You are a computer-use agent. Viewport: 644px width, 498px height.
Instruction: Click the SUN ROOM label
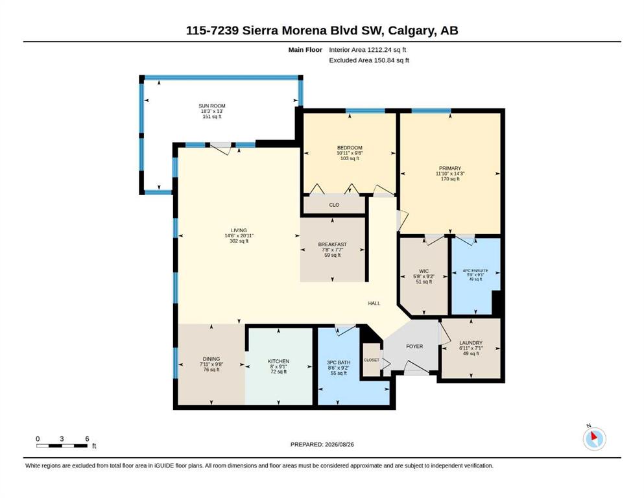coord(212,106)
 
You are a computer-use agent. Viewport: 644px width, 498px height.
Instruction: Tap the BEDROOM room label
coord(350,148)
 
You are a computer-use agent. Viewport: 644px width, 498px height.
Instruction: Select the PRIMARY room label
coord(450,169)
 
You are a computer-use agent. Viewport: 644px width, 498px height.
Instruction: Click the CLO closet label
coord(334,205)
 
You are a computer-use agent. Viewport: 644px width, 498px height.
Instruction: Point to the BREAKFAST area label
coord(332,244)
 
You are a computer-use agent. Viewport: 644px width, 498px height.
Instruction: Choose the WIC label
coord(424,272)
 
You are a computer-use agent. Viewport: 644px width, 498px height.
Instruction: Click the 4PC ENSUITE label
coord(475,271)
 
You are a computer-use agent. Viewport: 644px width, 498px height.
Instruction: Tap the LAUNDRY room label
coord(471,343)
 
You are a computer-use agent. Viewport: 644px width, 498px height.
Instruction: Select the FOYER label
coord(414,346)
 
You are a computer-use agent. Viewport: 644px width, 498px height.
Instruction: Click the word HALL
coord(374,303)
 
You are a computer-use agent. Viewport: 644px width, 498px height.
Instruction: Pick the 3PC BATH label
coord(339,362)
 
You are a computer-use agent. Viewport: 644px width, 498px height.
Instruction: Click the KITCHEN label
coord(278,361)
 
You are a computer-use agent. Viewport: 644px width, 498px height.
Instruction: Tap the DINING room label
coord(211,359)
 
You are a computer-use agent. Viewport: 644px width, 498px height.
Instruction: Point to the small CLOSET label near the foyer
coord(371,360)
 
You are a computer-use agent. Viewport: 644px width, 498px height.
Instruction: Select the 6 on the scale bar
coord(87,439)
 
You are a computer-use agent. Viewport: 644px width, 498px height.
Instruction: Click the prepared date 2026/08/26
coord(339,445)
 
